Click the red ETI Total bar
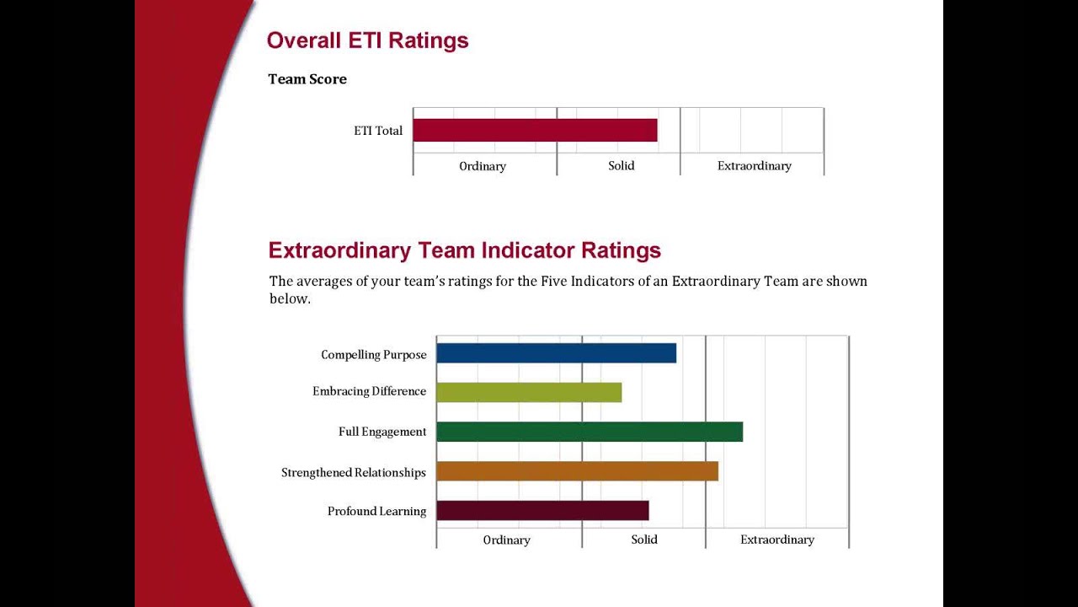click(535, 131)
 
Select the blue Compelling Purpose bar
click(556, 353)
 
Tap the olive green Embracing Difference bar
click(529, 392)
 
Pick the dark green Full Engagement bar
click(590, 432)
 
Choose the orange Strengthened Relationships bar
click(577, 471)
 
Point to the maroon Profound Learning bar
click(542, 511)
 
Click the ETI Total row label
click(378, 131)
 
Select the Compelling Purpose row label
click(374, 355)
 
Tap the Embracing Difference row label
click(370, 391)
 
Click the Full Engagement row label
click(382, 432)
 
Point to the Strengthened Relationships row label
click(354, 472)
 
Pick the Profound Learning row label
click(376, 511)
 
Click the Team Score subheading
click(307, 79)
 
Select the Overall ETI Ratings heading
click(367, 40)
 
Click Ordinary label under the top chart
click(483, 166)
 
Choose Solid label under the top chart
click(622, 165)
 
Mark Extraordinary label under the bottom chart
click(777, 540)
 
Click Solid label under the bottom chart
click(644, 540)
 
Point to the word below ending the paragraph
click(289, 299)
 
